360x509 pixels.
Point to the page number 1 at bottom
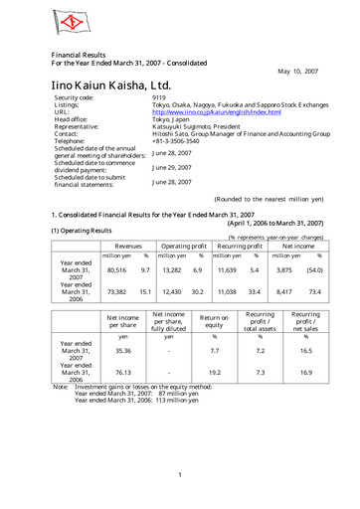[179, 474]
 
